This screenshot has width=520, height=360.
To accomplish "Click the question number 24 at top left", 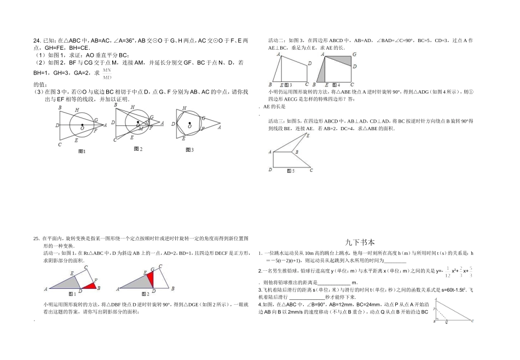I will (37, 40).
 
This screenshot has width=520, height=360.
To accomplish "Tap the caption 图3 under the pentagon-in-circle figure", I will (189, 149).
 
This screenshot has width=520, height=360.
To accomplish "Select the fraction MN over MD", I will (107, 73).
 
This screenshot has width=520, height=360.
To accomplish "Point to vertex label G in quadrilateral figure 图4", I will (354, 54).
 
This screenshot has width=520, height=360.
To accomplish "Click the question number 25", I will (36, 239).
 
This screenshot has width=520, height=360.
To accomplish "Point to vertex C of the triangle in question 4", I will (475, 322).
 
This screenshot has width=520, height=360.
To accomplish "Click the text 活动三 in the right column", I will (276, 121).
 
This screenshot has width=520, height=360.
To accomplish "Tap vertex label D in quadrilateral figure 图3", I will (310, 63).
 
